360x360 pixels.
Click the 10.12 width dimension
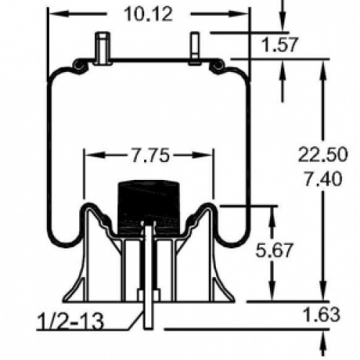(148, 14)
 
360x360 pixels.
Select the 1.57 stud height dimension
(280, 45)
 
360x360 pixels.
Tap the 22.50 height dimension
(323, 154)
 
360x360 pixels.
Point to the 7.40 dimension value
(323, 179)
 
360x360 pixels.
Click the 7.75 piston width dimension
(150, 156)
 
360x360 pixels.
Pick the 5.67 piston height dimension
(274, 250)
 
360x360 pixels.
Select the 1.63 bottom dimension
(321, 314)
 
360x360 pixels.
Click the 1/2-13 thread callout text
(71, 321)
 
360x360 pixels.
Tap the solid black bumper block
(149, 207)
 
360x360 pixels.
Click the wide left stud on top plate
(103, 48)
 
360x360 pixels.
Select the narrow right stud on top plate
(195, 48)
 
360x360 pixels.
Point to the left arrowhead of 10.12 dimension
(58, 14)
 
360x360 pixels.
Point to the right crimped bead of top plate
(218, 66)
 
